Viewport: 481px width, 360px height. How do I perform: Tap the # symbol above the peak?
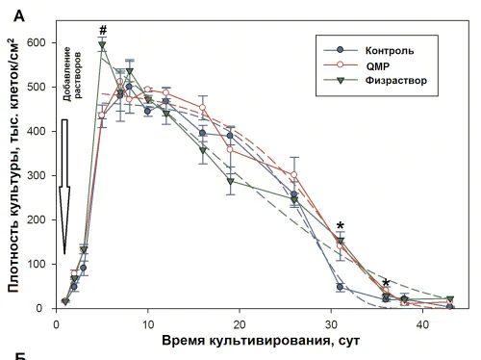[101, 29]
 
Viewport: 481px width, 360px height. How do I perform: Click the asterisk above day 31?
[340, 228]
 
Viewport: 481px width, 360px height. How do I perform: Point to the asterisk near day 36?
[386, 284]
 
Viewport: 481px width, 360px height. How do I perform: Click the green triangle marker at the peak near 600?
[102, 45]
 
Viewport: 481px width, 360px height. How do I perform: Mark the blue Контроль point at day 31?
[340, 287]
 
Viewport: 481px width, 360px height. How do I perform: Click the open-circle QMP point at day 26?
[294, 176]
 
